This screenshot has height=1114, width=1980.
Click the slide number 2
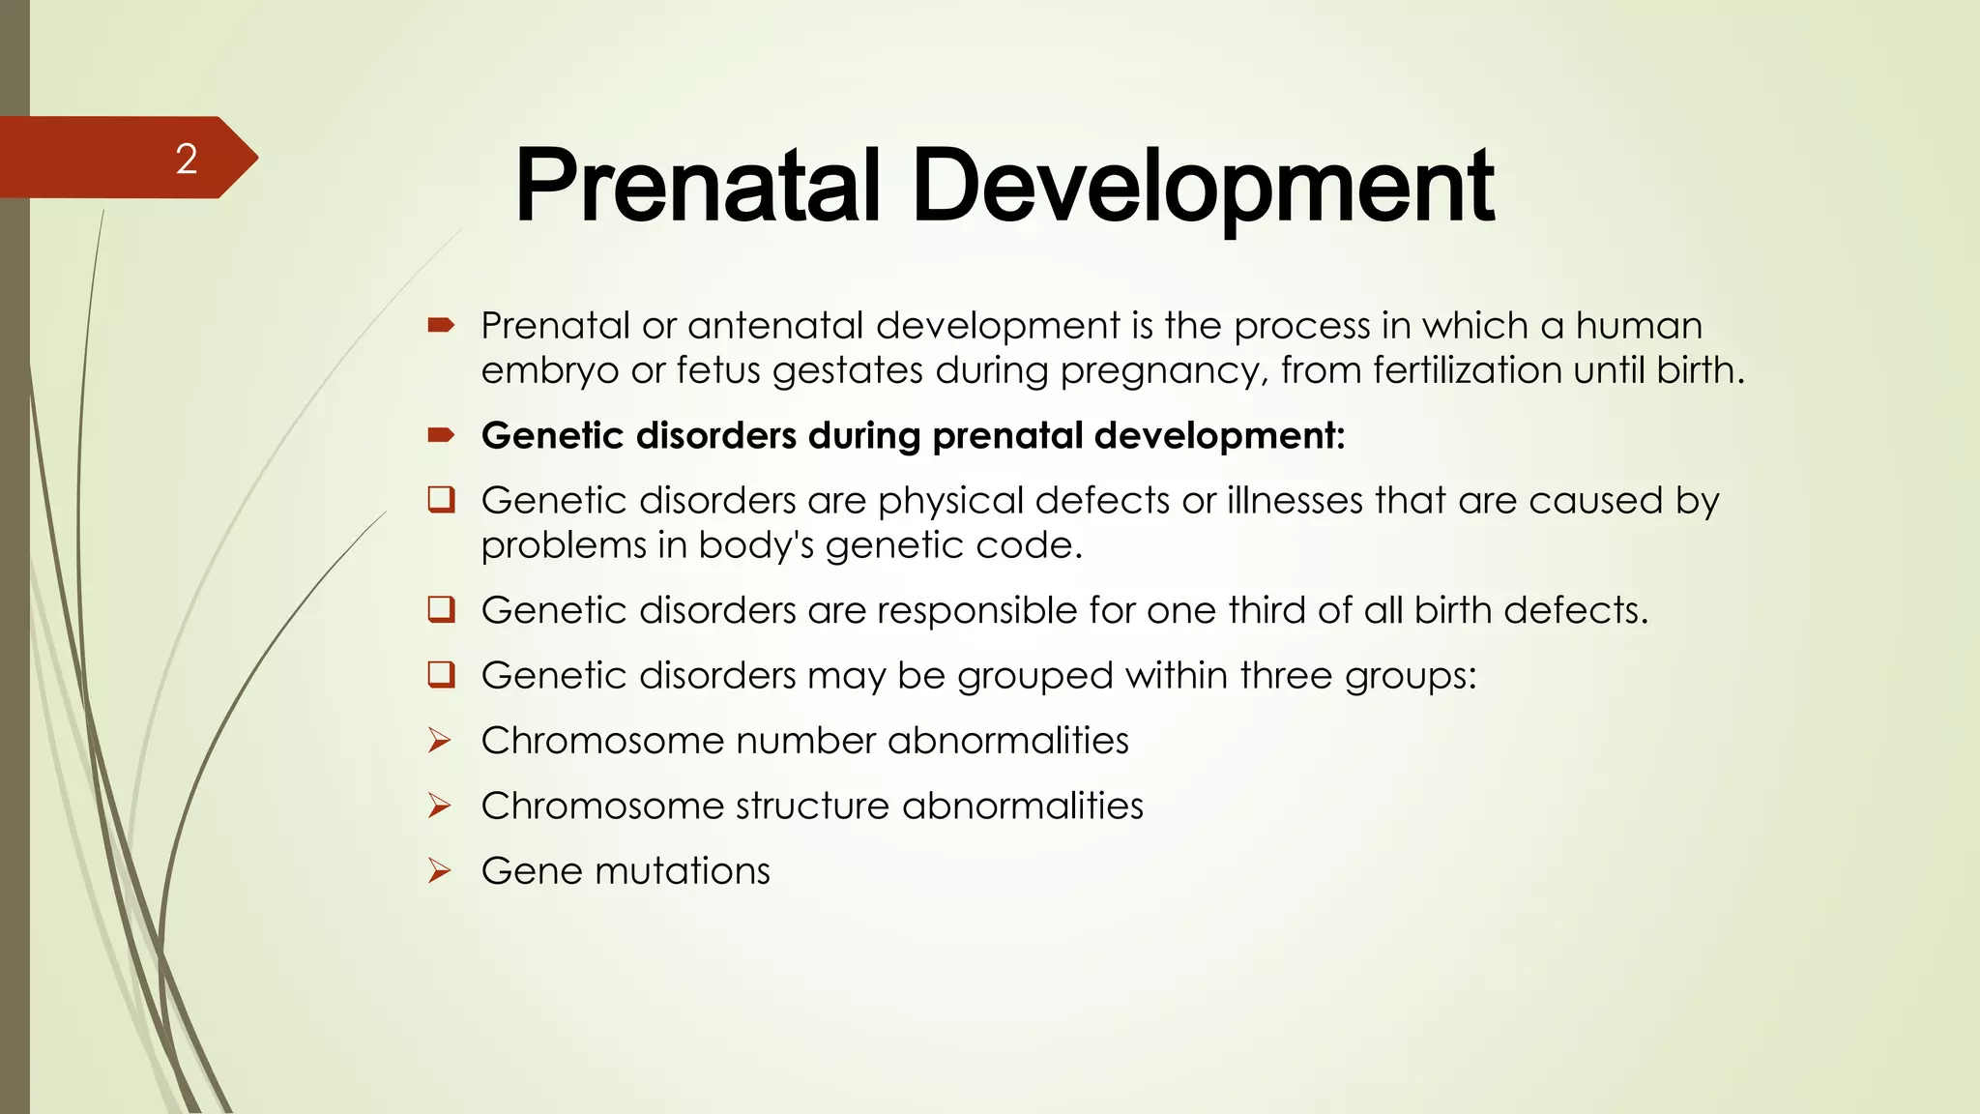pos(187,159)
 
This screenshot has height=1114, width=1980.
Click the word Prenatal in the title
pos(697,186)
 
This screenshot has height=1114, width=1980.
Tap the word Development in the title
pos(1203,186)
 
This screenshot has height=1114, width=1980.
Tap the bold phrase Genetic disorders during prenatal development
pos(913,435)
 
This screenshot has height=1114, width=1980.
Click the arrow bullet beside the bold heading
pos(441,435)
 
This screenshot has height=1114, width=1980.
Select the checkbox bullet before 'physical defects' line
pos(442,500)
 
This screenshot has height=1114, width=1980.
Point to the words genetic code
pos(953,545)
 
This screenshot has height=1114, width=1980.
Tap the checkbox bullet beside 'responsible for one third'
pos(442,610)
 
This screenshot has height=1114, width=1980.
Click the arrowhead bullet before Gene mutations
pos(440,870)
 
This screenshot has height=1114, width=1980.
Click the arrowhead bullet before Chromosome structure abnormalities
pos(440,806)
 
